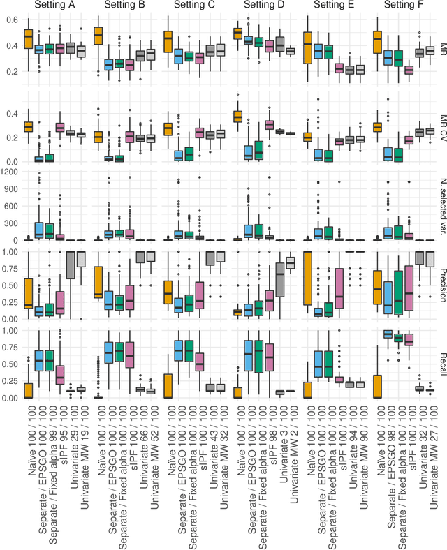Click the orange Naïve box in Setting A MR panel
tap(28, 39)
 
